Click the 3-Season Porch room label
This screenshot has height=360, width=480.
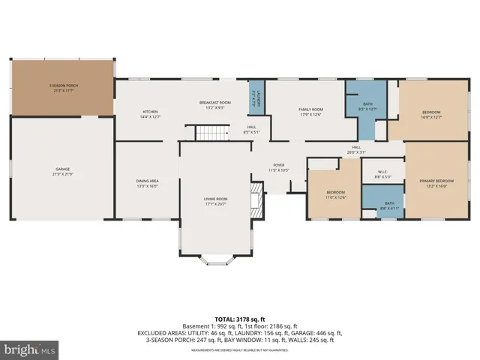click(64, 88)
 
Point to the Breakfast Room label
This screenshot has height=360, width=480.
click(214, 105)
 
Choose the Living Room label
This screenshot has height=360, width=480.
click(214, 201)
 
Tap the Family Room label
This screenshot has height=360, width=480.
click(310, 112)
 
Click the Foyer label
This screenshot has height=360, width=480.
click(278, 167)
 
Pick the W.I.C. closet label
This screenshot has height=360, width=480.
click(383, 174)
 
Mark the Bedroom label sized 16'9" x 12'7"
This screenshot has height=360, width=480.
click(432, 114)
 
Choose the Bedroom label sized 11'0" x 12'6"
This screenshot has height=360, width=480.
click(335, 194)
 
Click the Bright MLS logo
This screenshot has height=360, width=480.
click(30, 349)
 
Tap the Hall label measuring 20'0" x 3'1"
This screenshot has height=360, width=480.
click(357, 149)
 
